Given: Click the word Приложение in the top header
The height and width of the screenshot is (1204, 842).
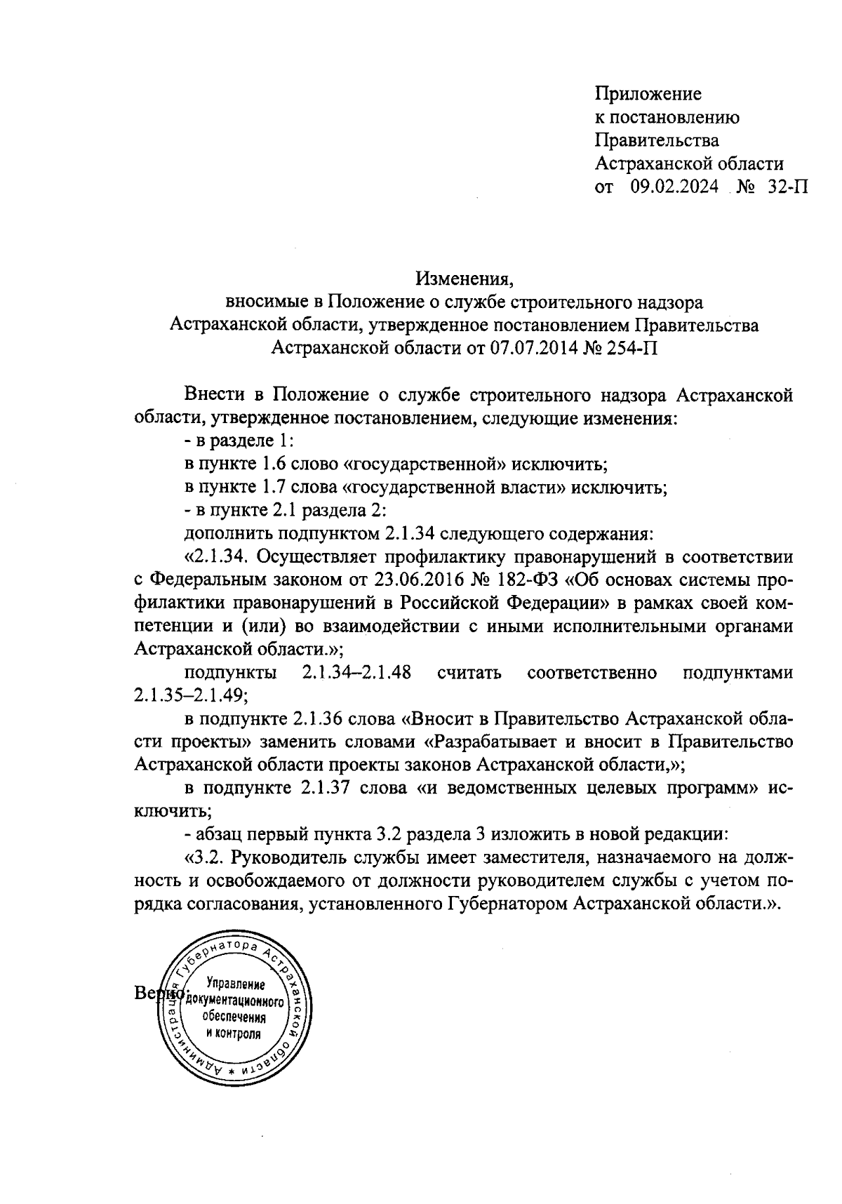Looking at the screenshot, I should click(648, 94).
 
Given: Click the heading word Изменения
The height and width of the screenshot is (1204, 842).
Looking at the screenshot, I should click(465, 279).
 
